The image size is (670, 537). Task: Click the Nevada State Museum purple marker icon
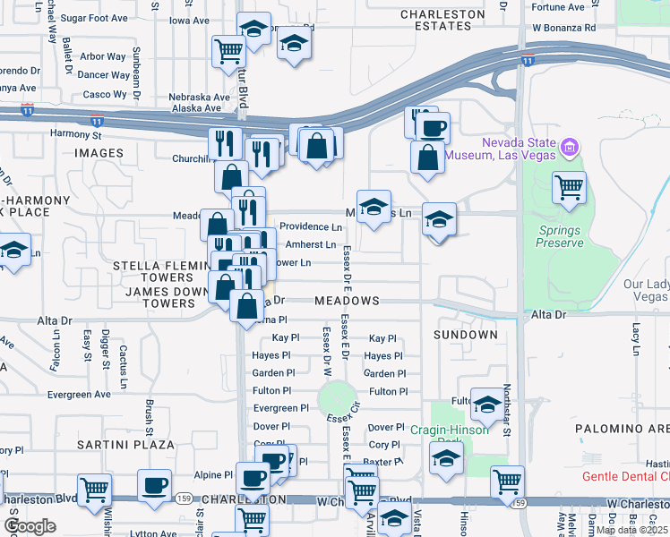568,146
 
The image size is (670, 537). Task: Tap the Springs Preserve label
559,236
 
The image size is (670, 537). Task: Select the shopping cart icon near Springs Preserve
569,188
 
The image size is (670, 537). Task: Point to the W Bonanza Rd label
563,28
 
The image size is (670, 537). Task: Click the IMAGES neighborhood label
99,153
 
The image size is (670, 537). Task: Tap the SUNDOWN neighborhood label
465,335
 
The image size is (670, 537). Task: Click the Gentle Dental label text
625,476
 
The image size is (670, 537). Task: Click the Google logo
30,526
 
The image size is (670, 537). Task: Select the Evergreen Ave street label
80,394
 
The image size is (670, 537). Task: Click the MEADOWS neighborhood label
347,302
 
